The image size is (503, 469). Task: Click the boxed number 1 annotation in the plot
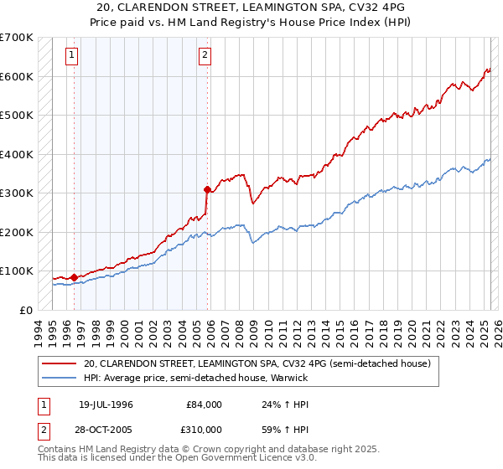72,56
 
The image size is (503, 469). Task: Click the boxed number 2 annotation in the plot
205,56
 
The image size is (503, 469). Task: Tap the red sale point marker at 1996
75,277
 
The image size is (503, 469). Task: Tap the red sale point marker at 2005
207,189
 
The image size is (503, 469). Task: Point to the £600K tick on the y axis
17,76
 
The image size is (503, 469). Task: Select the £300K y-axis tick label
17,193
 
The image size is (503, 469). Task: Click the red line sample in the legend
60,363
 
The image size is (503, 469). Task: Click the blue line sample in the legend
60,378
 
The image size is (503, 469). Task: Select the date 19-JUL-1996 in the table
106,405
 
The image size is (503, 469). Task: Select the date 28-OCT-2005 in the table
106,428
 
